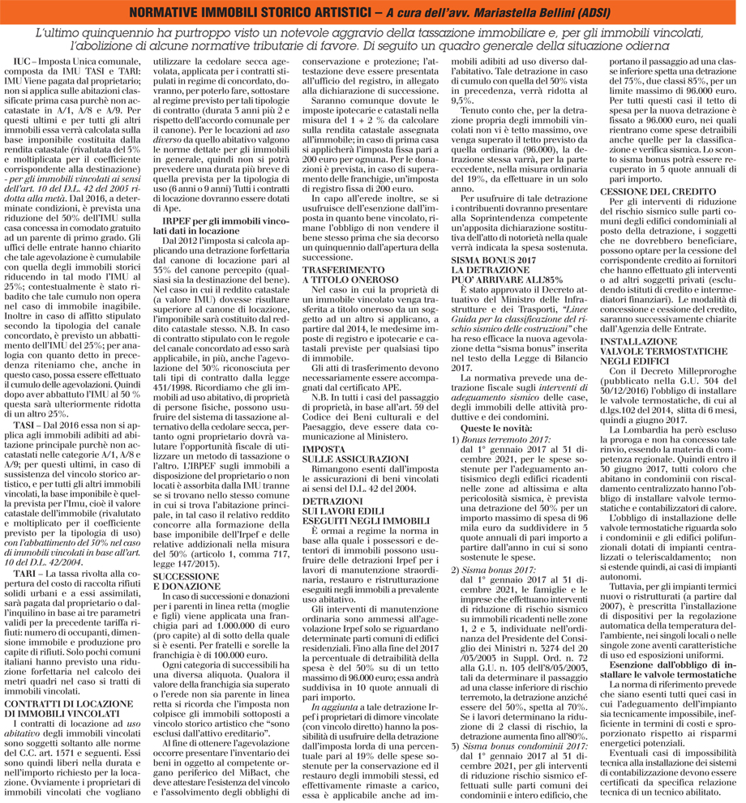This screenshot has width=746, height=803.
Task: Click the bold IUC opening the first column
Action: [25, 62]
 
